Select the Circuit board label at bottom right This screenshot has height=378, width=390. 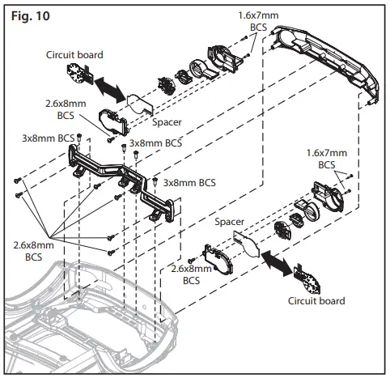pyautogui.click(x=316, y=300)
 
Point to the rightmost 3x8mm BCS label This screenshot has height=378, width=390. pyautogui.click(x=189, y=182)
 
